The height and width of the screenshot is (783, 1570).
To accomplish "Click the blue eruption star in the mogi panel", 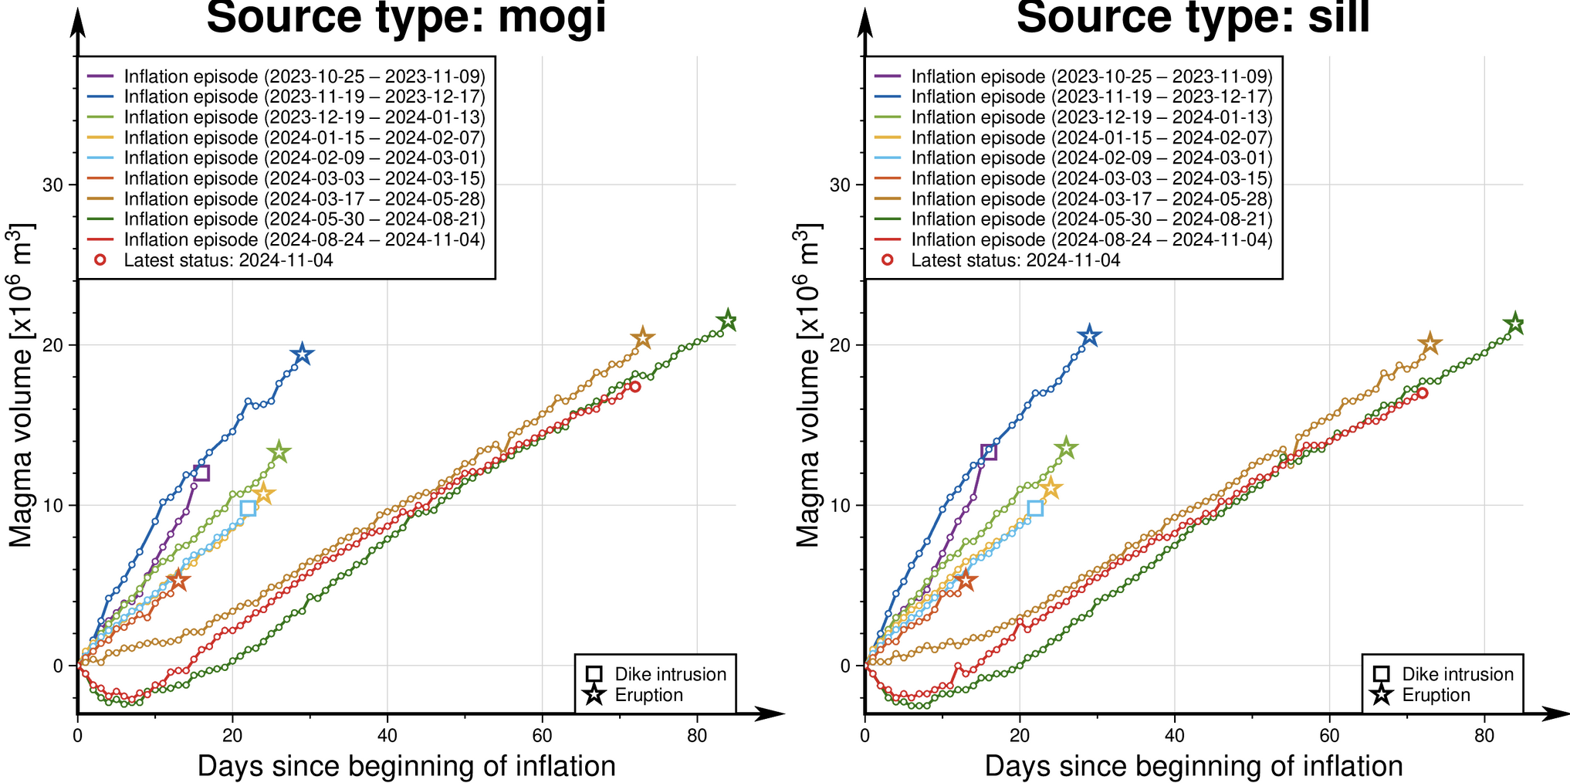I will (x=303, y=354).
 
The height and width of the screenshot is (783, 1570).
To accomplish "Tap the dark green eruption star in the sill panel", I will (x=1514, y=324).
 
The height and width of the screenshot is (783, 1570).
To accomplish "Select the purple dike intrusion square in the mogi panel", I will (x=201, y=473).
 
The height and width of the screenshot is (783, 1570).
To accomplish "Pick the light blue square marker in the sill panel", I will (x=1035, y=508).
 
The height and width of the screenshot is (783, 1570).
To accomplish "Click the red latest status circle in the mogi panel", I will (x=634, y=387).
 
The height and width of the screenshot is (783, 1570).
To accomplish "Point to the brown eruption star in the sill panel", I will (x=1430, y=344).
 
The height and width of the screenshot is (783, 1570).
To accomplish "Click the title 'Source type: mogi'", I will (x=406, y=17).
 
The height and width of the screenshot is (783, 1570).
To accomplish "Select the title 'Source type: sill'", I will (x=1193, y=17).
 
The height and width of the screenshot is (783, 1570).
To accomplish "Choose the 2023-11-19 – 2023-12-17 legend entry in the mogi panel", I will (x=304, y=97).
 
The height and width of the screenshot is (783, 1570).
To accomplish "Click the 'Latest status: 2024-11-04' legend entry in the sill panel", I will (x=1015, y=260).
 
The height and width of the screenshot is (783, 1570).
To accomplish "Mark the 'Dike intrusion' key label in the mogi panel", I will (x=670, y=674).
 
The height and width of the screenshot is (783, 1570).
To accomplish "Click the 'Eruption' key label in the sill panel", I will (x=1436, y=695).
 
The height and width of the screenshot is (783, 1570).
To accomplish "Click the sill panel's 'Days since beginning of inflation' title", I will (x=1193, y=766).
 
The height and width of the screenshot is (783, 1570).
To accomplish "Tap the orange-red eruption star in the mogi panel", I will (x=178, y=580).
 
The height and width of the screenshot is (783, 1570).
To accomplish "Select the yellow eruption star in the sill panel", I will (x=1051, y=488).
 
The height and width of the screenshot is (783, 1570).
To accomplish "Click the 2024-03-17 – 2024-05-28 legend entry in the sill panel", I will (x=1091, y=198).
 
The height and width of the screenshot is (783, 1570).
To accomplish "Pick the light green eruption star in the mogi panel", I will (x=279, y=453).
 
